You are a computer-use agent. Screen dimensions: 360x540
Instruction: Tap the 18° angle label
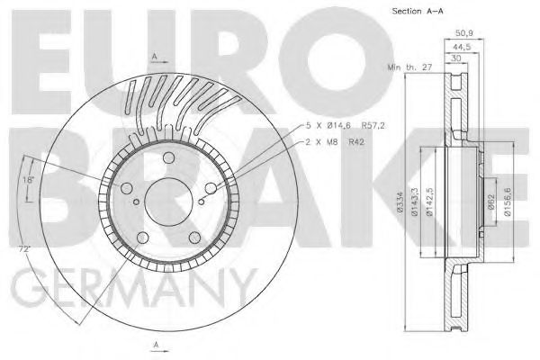pyautogui.click(x=28, y=180)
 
